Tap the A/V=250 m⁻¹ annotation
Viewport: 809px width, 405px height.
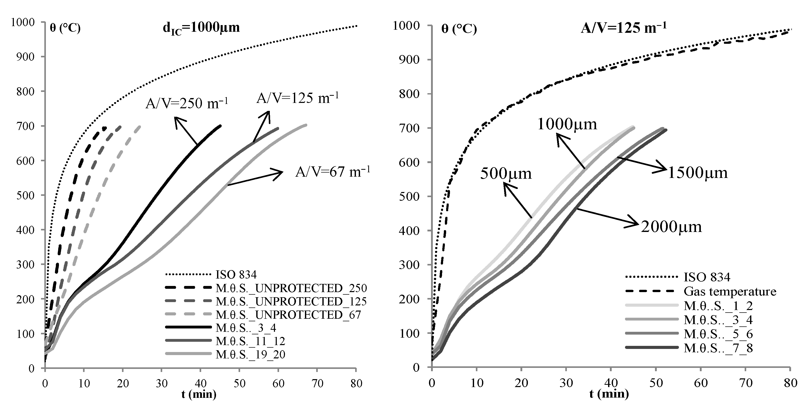pyautogui.click(x=187, y=103)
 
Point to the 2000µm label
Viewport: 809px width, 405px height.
pyautogui.click(x=671, y=227)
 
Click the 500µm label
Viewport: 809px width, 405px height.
pyautogui.click(x=506, y=174)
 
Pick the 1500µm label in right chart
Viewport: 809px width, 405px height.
pyautogui.click(x=697, y=173)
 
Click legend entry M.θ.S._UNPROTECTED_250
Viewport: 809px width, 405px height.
pyautogui.click(x=291, y=288)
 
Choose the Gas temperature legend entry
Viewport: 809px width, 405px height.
pyautogui.click(x=730, y=291)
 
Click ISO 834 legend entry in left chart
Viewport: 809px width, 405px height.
pyautogui.click(x=236, y=275)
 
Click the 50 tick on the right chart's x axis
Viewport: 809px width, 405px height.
pyautogui.click(x=656, y=383)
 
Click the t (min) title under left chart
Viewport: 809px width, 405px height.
pyautogui.click(x=199, y=394)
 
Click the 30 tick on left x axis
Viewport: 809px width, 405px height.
pyautogui.click(x=161, y=383)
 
